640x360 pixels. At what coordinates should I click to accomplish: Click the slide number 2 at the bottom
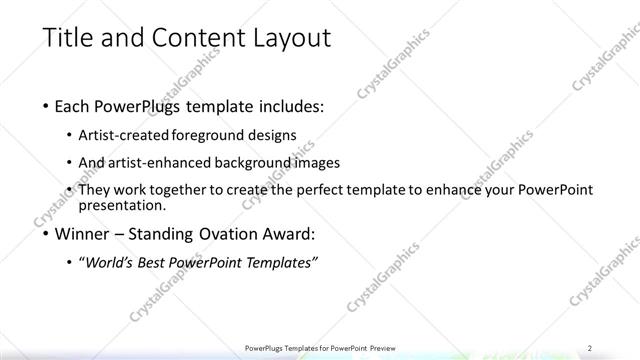click(x=591, y=349)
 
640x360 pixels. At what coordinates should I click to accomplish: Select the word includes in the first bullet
click(x=289, y=106)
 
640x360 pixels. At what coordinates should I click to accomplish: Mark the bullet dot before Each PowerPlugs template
click(x=48, y=107)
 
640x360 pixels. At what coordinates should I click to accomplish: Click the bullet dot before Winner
click(x=48, y=236)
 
